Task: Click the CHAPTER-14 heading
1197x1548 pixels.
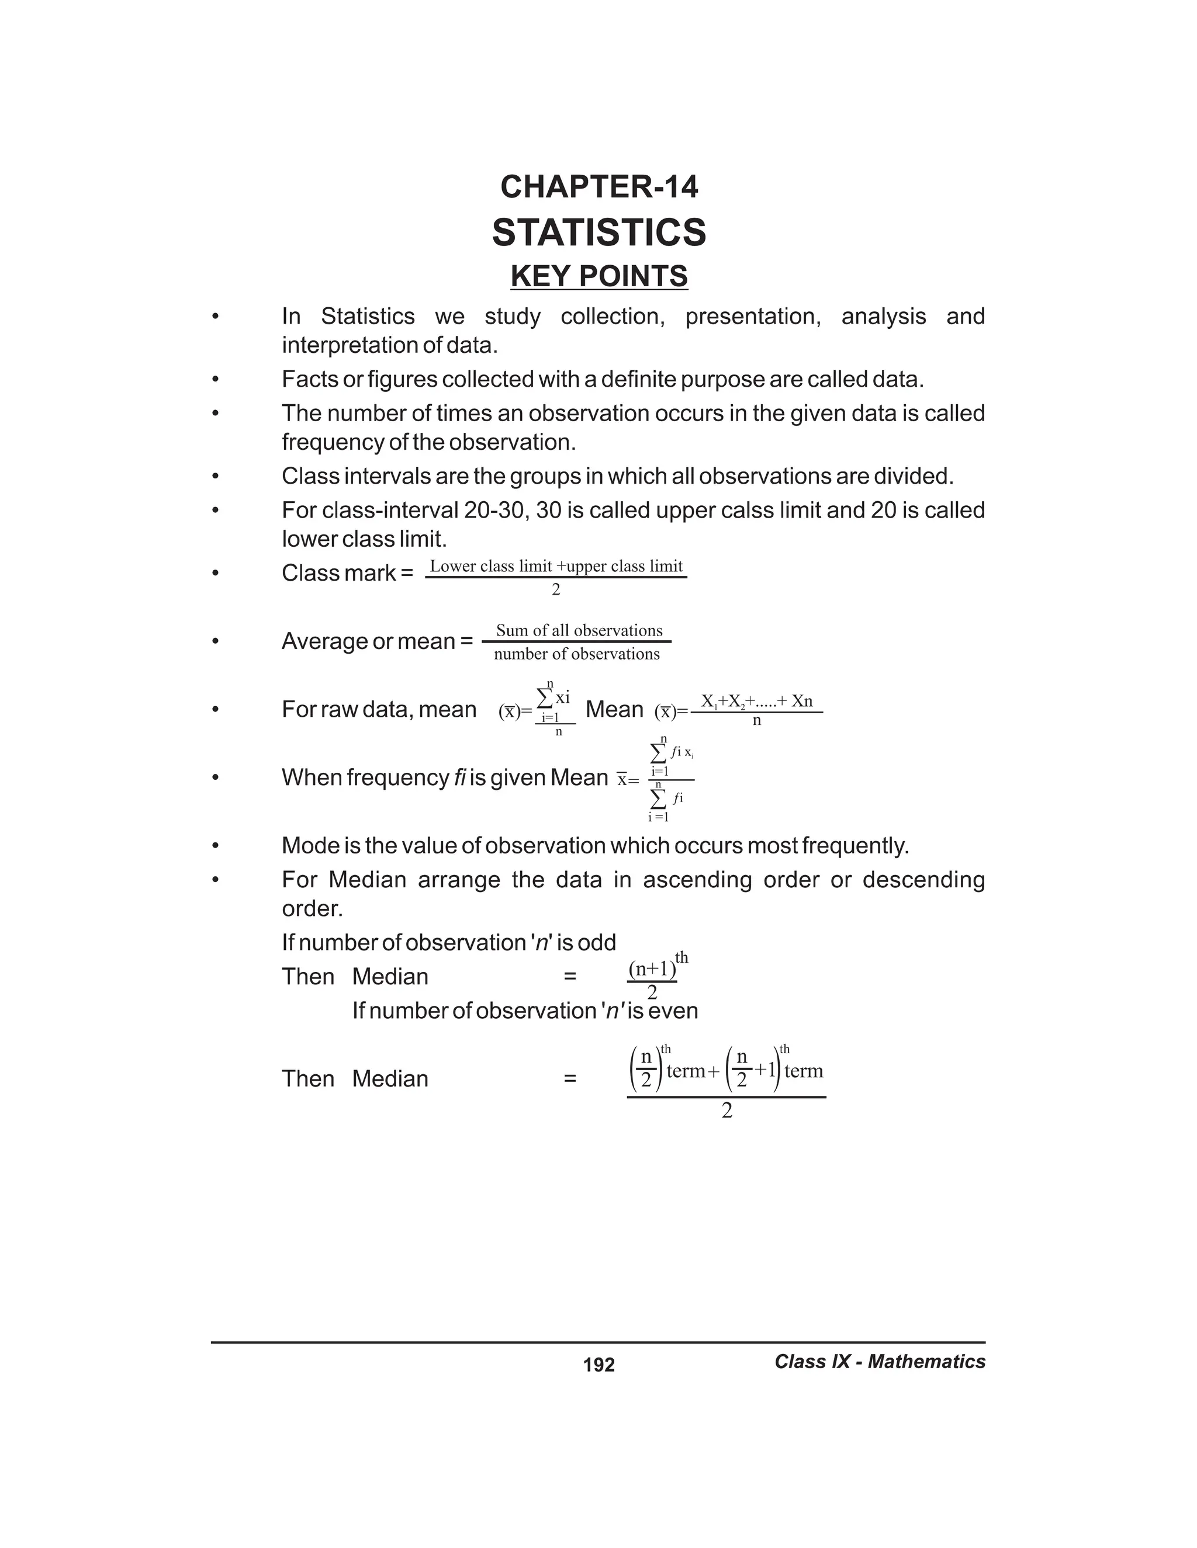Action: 599,187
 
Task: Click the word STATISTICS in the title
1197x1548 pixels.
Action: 599,232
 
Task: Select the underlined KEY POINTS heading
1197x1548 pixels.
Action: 599,276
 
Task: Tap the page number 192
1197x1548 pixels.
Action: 598,1365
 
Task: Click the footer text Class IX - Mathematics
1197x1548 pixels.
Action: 879,1362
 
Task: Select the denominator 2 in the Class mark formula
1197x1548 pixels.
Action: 556,591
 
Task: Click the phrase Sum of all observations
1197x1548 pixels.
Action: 579,630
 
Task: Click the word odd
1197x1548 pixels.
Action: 597,943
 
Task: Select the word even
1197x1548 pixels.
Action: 673,1011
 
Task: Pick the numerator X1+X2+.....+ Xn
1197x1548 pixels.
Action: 757,701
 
